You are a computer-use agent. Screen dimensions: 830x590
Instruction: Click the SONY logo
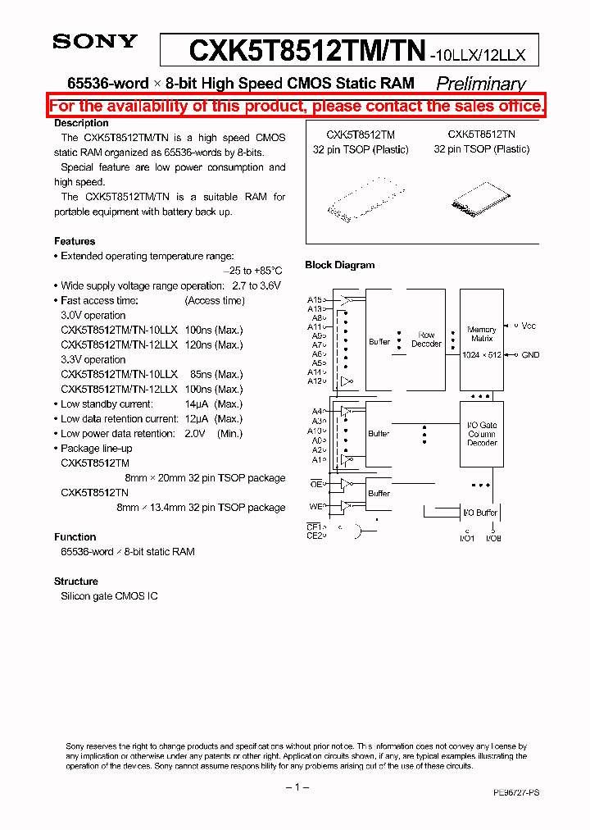click(95, 42)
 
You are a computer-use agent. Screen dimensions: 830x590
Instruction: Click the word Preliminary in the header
click(480, 83)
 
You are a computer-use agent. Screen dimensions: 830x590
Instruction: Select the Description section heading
click(81, 123)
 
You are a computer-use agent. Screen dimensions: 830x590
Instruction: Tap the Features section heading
click(75, 241)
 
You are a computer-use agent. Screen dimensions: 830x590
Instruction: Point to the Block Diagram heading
click(339, 265)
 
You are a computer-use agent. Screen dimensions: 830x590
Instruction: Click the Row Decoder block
click(426, 340)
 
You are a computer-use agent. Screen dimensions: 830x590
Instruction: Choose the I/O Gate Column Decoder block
click(482, 434)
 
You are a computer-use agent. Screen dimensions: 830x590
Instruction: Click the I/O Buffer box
click(480, 513)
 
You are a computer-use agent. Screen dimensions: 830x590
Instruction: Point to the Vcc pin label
click(529, 326)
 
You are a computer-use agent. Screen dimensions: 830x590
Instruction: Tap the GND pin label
click(530, 354)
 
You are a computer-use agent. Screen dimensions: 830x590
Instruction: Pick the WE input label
click(315, 506)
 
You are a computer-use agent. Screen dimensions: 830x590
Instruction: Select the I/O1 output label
click(466, 537)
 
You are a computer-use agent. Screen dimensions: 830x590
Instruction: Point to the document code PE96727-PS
click(515, 793)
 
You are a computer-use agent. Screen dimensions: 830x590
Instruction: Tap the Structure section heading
click(76, 581)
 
